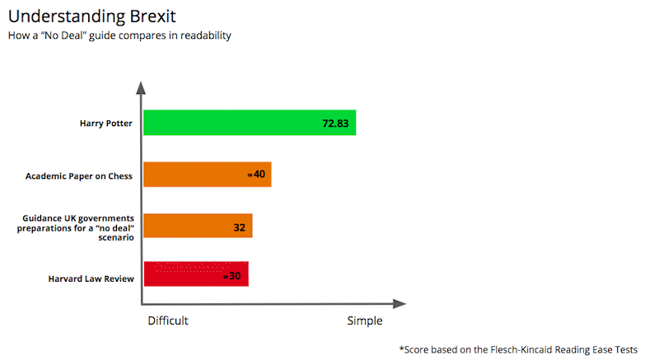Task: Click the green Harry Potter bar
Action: tap(250, 123)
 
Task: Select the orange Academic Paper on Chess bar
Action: tap(208, 175)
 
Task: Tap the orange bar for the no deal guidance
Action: tap(198, 226)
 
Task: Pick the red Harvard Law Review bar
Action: tap(196, 274)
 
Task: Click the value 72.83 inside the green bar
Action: tap(335, 124)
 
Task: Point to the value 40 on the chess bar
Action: tap(259, 174)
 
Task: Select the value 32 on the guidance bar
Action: tap(239, 227)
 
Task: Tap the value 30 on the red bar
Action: tap(235, 276)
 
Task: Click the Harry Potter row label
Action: tap(106, 124)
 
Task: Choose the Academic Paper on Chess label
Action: tap(79, 176)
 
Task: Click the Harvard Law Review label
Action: tap(91, 278)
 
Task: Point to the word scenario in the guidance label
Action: tap(116, 237)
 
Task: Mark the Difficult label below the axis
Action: tap(168, 321)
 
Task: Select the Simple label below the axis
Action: tap(365, 321)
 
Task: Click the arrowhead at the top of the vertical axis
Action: tap(141, 88)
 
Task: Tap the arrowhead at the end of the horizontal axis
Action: tap(400, 304)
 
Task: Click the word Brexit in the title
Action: tap(153, 16)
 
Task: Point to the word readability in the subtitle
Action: tap(206, 35)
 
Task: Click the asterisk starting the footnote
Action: tap(401, 348)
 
